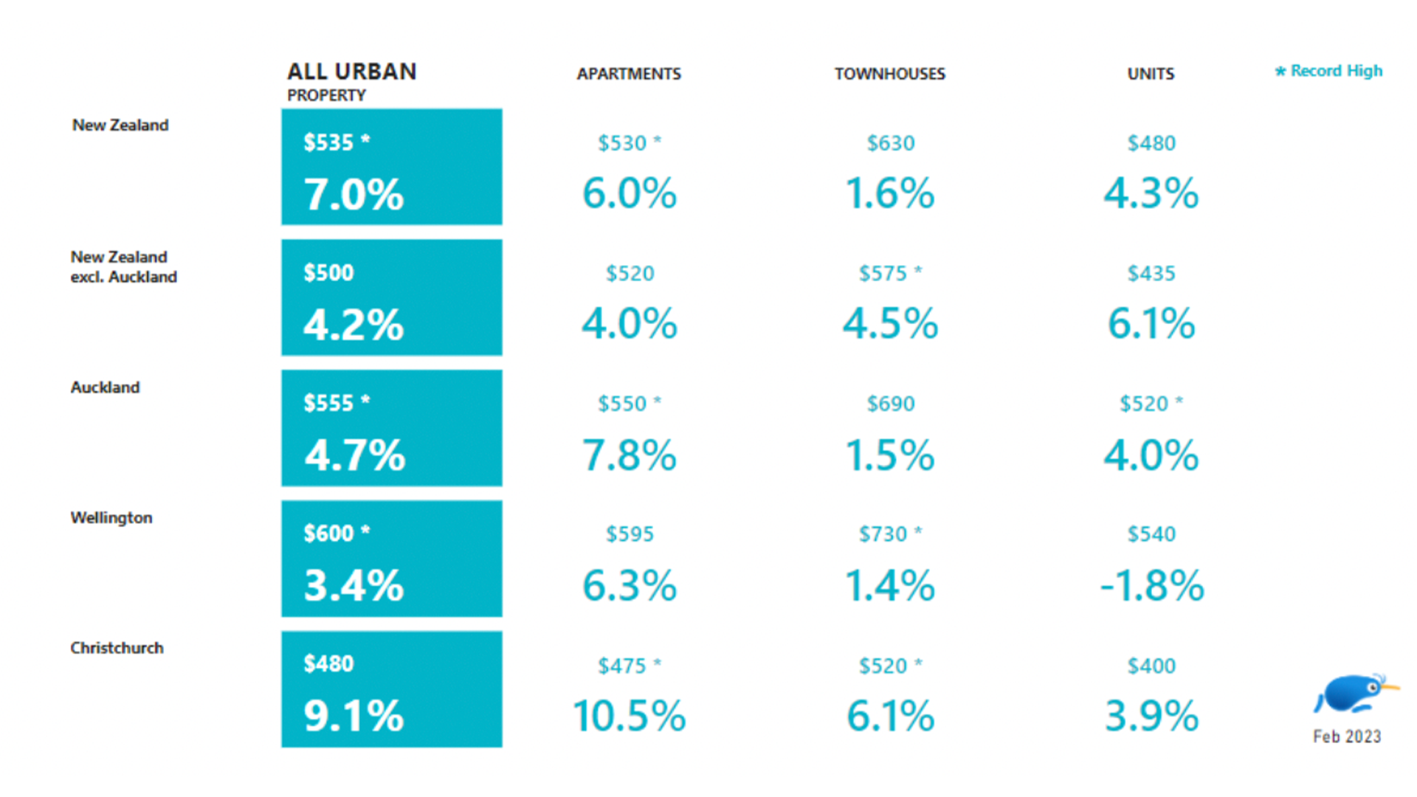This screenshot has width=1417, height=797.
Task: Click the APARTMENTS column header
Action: point(628,74)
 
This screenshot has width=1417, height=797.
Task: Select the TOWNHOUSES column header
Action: point(889,74)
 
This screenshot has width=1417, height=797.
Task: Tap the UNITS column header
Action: point(1150,74)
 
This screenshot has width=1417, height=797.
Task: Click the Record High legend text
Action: point(1335,71)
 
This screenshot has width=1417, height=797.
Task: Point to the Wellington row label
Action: point(111,517)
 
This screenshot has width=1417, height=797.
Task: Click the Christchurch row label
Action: point(117,648)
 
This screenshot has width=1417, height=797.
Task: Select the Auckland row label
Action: point(105,387)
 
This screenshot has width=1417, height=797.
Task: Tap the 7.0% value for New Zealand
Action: point(354,195)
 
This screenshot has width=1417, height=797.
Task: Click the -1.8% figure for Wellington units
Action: point(1151,586)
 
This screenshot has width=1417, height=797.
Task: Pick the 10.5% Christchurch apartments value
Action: point(629,716)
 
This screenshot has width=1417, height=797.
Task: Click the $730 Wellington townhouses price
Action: point(883,534)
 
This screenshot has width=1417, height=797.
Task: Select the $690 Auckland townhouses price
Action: point(890,404)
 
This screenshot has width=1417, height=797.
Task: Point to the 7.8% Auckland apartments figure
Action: point(629,455)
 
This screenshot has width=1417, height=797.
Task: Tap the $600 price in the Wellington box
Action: point(329,533)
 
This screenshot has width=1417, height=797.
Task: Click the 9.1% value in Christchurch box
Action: point(354,716)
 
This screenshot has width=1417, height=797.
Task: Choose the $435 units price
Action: point(1151,274)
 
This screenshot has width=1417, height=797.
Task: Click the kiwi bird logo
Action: point(1352,694)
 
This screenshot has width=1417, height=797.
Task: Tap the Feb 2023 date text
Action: point(1346,736)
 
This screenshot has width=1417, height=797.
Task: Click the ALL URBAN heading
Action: point(351,72)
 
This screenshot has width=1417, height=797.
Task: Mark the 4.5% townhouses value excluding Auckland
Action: point(890,325)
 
